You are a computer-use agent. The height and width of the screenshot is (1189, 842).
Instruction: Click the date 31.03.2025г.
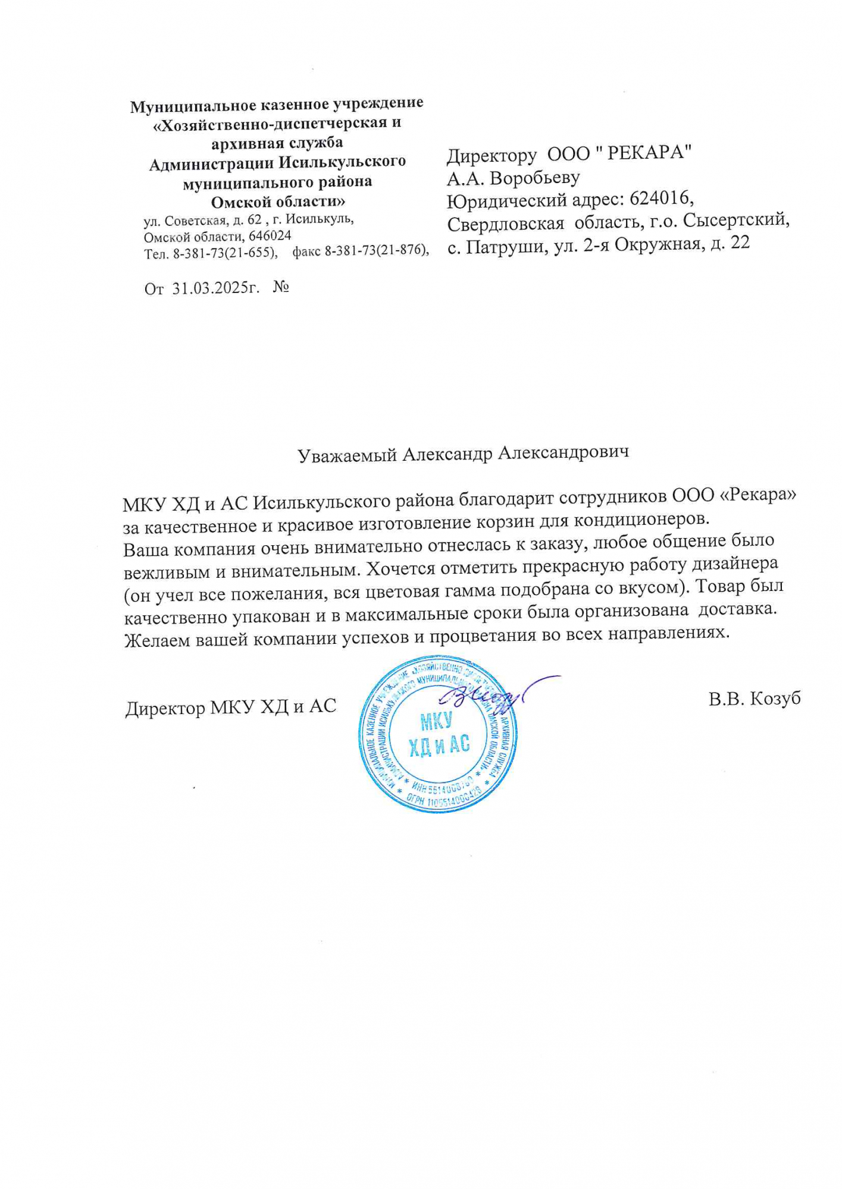[217, 288]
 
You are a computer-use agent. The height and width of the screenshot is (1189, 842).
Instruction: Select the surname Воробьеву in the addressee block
[535, 177]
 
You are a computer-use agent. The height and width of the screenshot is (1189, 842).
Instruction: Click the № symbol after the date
[281, 288]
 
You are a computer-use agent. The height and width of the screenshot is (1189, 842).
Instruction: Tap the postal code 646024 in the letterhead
[270, 236]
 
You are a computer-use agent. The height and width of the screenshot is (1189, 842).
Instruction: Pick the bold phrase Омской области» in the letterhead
[278, 201]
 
